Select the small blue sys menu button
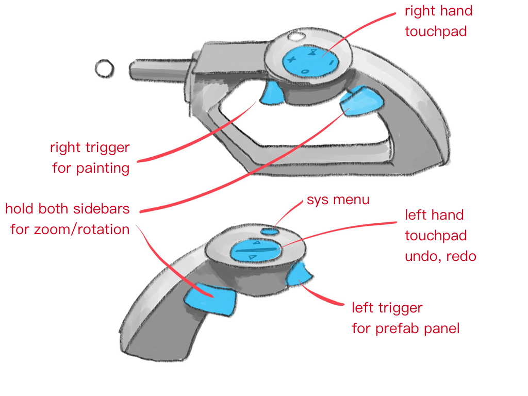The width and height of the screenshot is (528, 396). coord(269,230)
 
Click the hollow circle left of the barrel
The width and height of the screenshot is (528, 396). coord(105,68)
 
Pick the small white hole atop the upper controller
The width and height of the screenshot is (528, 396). coord(295,37)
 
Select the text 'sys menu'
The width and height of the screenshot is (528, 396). coord(338,200)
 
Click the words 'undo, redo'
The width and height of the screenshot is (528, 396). coord(440,256)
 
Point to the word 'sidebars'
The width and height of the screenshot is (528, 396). coord(99,209)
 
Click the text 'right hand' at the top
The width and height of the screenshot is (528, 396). coord(438,11)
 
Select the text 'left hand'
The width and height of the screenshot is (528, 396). coord(434,215)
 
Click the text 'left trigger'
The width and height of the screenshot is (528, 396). coord(387,308)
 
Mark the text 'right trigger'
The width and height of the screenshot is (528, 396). coord(90,148)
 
